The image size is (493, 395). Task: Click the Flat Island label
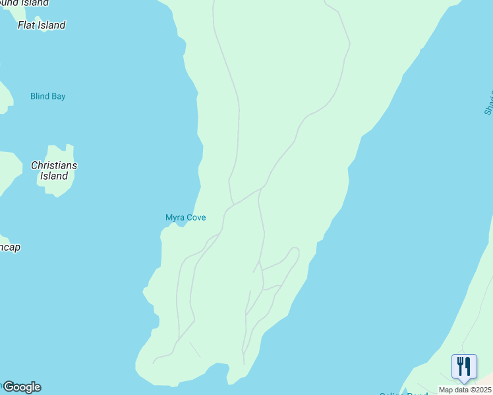(42, 25)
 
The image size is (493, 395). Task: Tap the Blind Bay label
(48, 96)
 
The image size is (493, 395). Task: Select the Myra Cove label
(185, 217)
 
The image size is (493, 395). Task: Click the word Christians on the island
(54, 165)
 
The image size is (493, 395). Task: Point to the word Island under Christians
(54, 176)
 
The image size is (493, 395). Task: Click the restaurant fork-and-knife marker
(464, 366)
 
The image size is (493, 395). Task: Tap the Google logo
(22, 387)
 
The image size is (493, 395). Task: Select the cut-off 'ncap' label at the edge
(10, 248)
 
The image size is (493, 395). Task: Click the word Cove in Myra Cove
(196, 217)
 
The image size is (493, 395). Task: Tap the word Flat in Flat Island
(27, 25)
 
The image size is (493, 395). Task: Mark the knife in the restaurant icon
(468, 365)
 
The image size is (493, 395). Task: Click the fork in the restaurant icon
(460, 365)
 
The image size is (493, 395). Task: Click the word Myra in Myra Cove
(175, 217)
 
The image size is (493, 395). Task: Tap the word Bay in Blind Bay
(59, 96)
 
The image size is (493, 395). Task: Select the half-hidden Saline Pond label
(404, 394)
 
